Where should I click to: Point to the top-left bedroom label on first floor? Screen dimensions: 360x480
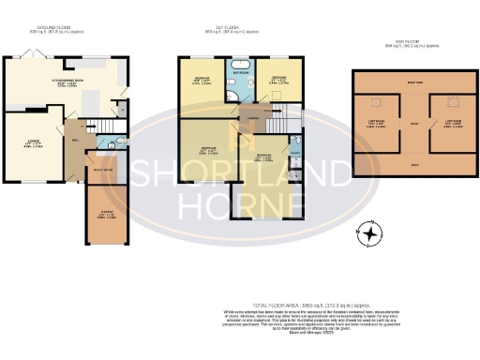click(x=202, y=81)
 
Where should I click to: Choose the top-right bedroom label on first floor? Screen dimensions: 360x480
click(x=278, y=81)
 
